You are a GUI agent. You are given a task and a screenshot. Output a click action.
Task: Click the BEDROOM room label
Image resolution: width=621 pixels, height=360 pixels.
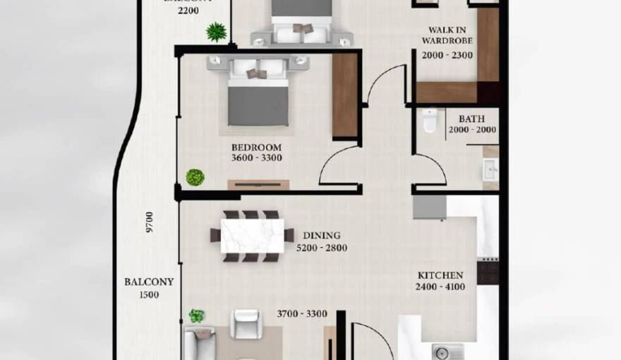[x=256, y=147]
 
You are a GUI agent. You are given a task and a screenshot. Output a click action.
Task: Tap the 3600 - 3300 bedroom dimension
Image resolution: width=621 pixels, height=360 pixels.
[x=256, y=157]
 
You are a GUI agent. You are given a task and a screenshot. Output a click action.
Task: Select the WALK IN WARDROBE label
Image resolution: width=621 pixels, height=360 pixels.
[x=447, y=35]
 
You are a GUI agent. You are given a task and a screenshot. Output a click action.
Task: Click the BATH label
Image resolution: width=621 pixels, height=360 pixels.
[x=471, y=119]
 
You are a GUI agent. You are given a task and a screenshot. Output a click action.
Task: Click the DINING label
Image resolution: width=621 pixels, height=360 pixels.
[x=322, y=236]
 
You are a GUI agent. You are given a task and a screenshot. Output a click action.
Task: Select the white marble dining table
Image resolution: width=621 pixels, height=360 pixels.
[x=252, y=236]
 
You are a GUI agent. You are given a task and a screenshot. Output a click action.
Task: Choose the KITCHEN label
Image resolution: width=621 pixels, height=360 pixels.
[x=440, y=275]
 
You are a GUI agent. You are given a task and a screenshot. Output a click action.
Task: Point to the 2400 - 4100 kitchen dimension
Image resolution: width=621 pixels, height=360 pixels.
[x=440, y=287]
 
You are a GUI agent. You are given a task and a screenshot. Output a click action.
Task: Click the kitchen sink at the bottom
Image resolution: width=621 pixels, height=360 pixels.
[x=447, y=351]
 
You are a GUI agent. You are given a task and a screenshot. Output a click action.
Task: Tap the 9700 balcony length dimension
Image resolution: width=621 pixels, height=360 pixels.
[x=150, y=222]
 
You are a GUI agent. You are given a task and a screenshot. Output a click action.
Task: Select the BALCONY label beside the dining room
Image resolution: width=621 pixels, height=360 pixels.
[x=149, y=282]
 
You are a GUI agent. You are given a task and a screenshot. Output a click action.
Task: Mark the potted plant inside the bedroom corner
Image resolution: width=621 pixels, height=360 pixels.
[x=195, y=177]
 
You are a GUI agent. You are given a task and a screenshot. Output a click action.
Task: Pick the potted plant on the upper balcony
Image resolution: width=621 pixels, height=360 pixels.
[x=217, y=32]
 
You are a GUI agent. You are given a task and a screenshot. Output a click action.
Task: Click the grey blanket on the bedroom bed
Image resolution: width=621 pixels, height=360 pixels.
[x=258, y=104]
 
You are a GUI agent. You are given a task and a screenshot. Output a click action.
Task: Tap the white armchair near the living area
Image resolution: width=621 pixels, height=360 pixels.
[x=248, y=324]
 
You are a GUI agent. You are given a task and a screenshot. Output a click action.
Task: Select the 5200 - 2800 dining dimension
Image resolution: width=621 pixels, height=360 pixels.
[x=322, y=248]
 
